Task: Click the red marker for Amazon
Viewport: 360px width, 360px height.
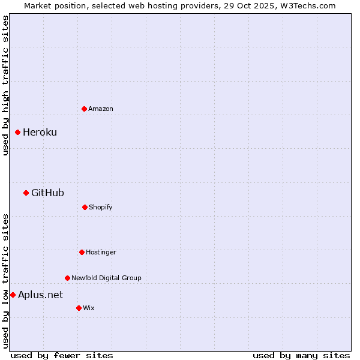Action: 84,109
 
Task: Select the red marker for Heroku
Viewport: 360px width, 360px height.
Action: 17,132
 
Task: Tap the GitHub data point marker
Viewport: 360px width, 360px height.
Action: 26,193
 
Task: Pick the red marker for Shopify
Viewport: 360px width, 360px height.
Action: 85,207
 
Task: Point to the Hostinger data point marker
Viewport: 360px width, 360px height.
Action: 82,252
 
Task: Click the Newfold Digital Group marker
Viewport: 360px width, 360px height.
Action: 67,278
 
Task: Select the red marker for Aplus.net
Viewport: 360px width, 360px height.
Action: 13,295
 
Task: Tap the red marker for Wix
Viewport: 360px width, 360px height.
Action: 79,308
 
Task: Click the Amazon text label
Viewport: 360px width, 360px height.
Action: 101,109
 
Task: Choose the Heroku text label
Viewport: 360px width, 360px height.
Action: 40,132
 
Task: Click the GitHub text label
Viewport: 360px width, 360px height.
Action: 47,193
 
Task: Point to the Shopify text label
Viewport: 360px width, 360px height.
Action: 101,207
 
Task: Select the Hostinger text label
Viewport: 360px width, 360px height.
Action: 101,252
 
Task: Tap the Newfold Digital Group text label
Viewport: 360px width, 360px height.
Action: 106,278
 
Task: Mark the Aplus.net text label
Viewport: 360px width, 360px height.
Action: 40,295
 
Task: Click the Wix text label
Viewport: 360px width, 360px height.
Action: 89,308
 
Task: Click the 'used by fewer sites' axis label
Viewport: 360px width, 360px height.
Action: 62,355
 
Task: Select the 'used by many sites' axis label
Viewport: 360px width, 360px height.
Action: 301,355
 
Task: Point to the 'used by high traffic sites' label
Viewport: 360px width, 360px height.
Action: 5,86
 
